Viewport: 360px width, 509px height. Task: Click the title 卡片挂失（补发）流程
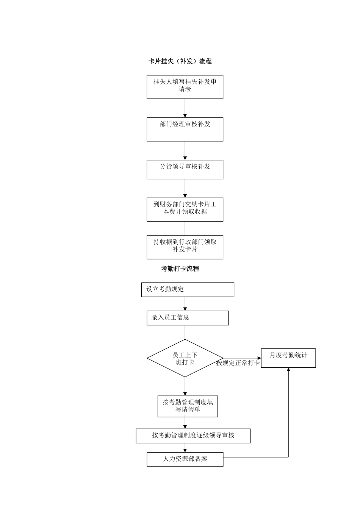pos(180,61)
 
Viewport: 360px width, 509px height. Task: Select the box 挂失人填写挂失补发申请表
pos(185,87)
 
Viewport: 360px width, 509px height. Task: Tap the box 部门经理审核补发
pos(185,129)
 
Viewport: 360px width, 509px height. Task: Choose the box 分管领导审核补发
pos(185,169)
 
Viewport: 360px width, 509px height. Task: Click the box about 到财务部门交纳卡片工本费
pos(185,209)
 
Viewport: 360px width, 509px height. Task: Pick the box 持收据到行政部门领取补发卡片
pos(185,247)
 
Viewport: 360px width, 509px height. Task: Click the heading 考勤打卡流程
pos(180,269)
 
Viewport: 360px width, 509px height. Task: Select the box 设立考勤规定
pos(188,290)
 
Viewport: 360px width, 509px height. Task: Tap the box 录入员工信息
pos(188,318)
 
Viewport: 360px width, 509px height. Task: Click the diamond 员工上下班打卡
pos(185,358)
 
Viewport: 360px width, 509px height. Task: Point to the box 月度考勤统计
pos(288,358)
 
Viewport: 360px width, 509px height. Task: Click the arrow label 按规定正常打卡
pos(238,363)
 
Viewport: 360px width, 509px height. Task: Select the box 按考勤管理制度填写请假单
pos(188,406)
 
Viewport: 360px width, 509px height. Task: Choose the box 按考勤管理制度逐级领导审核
pos(193,436)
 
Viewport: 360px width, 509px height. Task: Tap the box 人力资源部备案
pos(185,459)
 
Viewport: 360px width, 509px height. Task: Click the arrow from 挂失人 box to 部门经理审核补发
pos(185,108)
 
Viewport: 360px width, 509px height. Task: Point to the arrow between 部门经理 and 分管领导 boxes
pos(185,151)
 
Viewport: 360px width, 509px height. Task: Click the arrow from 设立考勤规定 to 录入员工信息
pos(185,304)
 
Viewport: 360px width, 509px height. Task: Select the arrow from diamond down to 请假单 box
pos(185,386)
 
